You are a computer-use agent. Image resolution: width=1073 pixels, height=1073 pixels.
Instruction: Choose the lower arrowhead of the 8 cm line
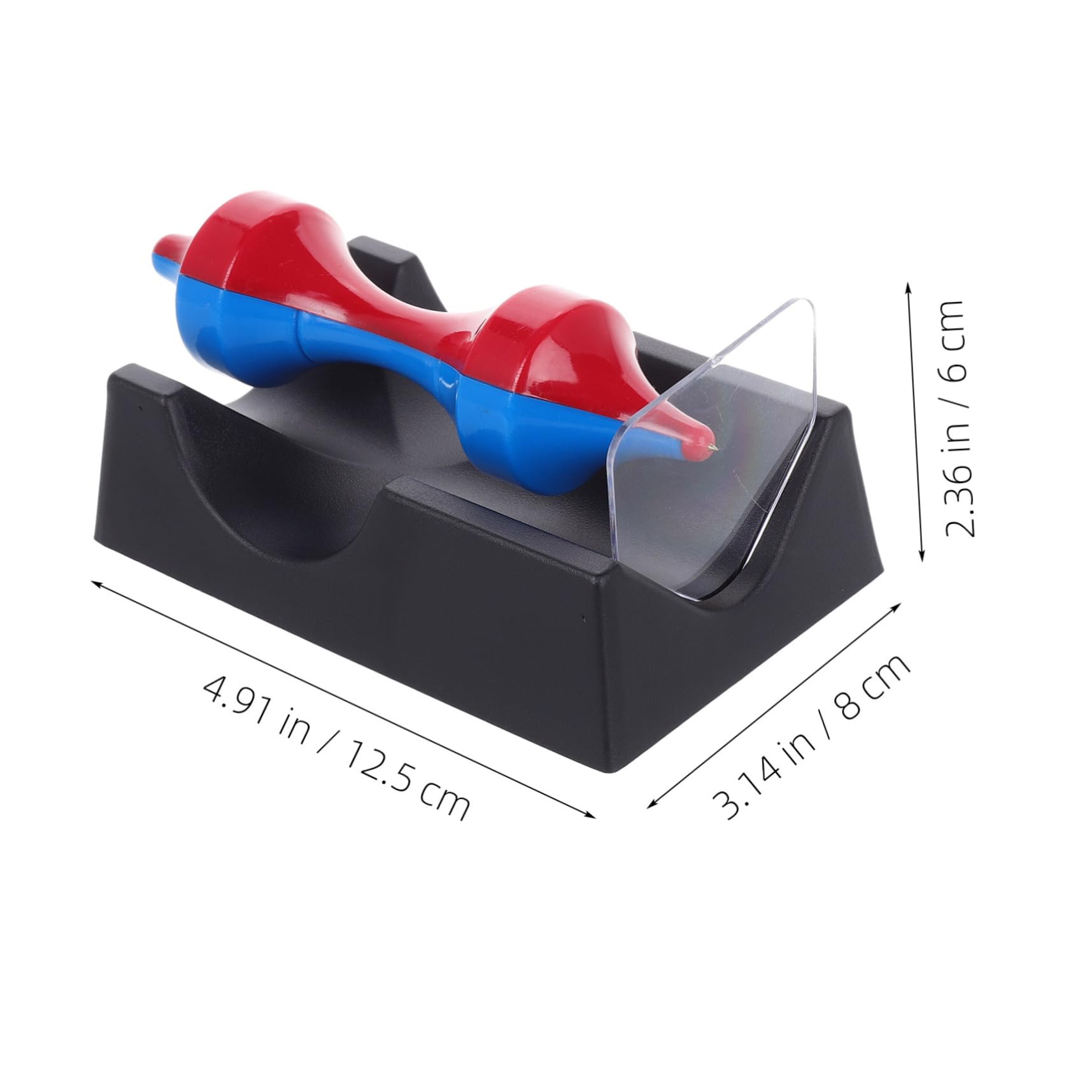click(x=651, y=805)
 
